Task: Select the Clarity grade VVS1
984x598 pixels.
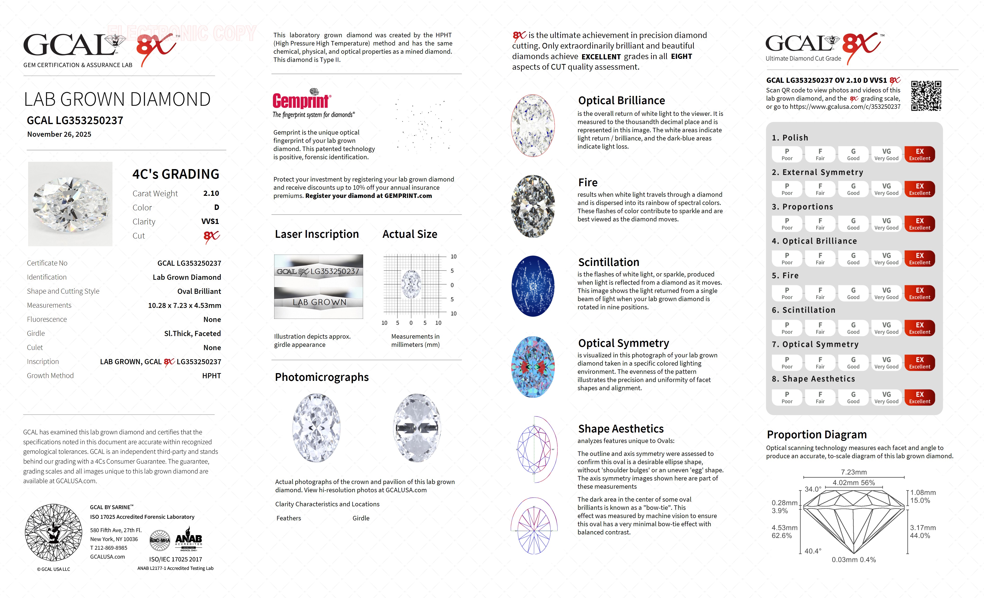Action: tap(210, 221)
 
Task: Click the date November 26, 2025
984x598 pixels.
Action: tap(59, 134)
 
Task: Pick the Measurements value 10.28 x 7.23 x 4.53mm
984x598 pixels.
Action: tap(185, 305)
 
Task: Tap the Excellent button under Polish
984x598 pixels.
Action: tap(919, 154)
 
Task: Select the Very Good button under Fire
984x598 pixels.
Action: tap(886, 293)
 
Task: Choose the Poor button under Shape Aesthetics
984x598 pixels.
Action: tap(787, 397)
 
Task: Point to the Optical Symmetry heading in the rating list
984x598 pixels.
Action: tap(820, 344)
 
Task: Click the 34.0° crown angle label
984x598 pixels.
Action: tap(813, 489)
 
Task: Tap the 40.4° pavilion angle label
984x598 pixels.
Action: tap(813, 551)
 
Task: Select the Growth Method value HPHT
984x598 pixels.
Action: tap(211, 376)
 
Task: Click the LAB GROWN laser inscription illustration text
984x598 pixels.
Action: tap(319, 303)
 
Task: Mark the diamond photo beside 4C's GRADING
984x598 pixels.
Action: tap(70, 204)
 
